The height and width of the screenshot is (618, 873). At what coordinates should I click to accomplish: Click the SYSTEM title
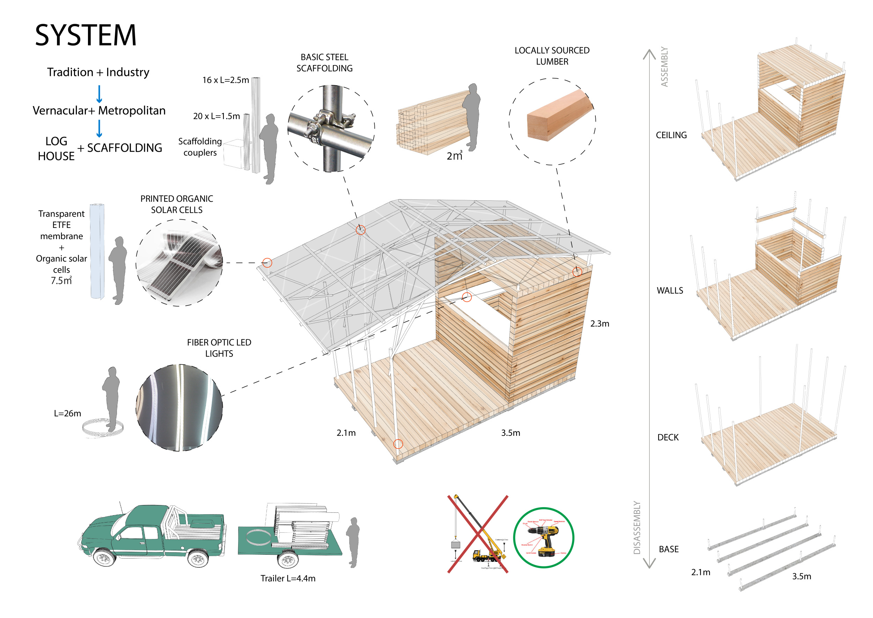tap(86, 35)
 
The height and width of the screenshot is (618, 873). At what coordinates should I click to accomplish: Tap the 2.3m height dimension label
tap(599, 323)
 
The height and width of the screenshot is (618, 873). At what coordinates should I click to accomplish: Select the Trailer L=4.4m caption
tap(288, 578)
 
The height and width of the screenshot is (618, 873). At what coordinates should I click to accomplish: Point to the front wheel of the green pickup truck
tap(103, 558)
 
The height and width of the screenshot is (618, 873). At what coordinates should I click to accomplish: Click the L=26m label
tap(67, 413)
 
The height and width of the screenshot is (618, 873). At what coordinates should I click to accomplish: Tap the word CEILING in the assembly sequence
tap(671, 135)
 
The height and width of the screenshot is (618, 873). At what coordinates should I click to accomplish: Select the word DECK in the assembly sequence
tap(668, 437)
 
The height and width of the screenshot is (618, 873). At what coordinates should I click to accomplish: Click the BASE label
tap(668, 549)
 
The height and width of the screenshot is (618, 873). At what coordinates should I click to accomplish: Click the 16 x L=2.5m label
tap(226, 80)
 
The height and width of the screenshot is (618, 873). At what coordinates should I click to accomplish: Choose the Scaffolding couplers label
tap(200, 147)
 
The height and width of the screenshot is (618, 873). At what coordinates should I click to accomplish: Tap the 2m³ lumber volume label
tap(454, 156)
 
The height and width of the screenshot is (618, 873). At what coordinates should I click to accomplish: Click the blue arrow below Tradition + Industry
tap(99, 94)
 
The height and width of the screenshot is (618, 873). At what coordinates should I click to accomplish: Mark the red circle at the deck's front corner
tap(398, 444)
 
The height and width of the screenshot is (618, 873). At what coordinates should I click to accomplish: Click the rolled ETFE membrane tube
tap(97, 251)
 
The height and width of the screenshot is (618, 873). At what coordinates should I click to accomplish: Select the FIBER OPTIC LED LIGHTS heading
tap(219, 348)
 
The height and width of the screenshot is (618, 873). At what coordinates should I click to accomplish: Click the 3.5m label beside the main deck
tap(510, 433)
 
